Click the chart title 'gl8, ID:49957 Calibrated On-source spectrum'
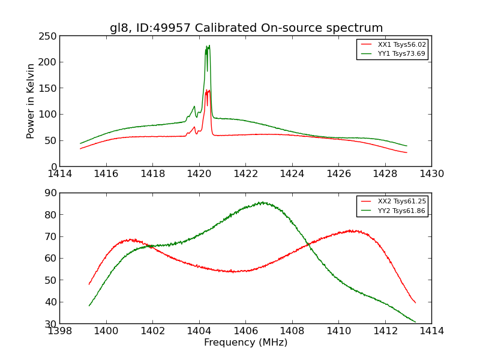246,28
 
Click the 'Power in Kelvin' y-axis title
31,101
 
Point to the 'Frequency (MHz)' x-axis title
245,343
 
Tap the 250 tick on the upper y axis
48,35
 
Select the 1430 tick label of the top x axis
431,174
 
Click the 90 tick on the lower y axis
50,193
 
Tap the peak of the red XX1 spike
208,90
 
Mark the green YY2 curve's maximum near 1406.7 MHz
262,202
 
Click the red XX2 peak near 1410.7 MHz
353,230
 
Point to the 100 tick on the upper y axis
48,114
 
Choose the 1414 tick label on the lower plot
431,331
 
